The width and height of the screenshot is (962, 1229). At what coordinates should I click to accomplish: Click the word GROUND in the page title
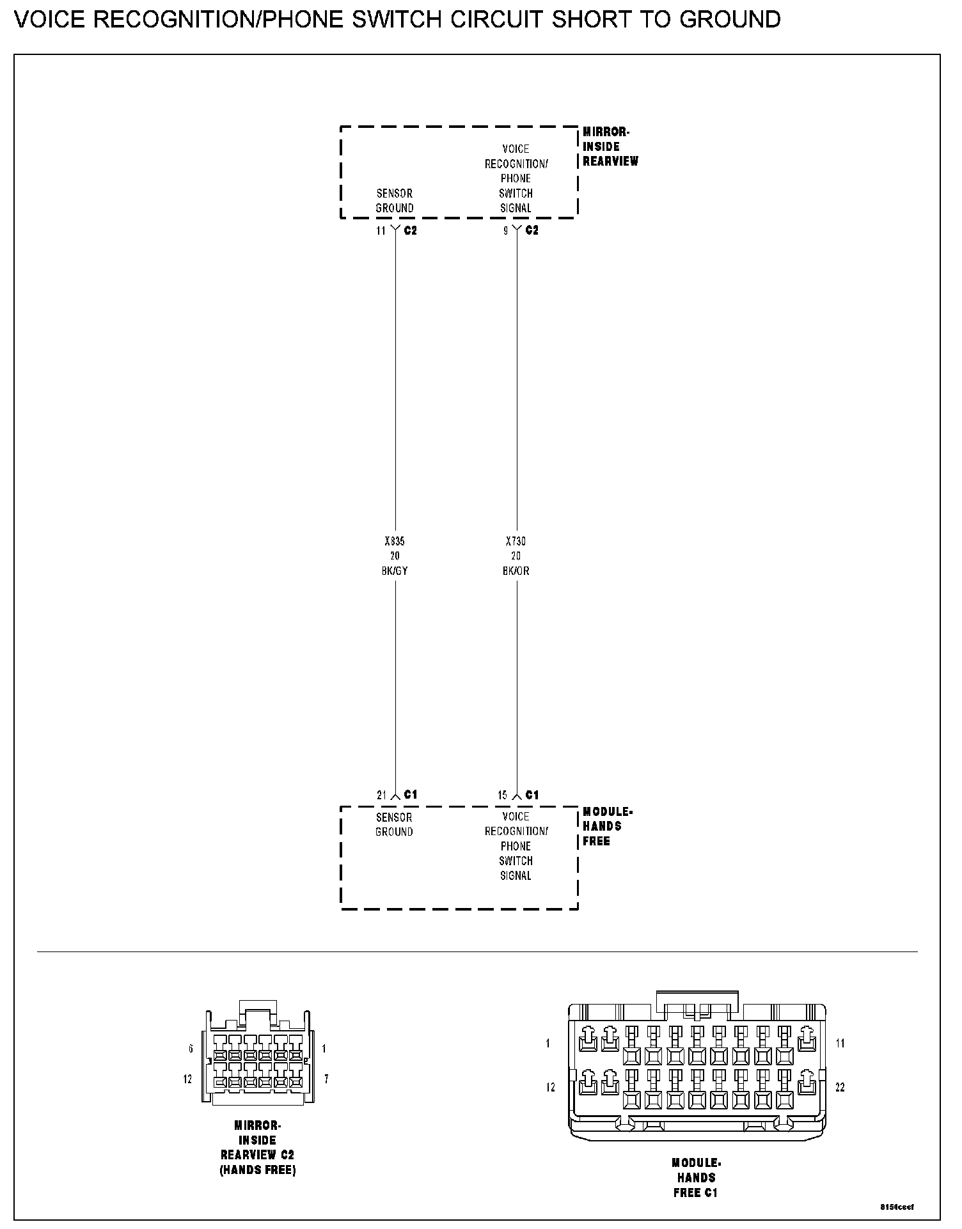tap(729, 20)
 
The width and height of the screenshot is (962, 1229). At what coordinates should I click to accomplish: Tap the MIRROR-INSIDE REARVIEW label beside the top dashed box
tap(610, 147)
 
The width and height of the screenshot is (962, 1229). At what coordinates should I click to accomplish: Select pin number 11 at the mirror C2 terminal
tap(381, 231)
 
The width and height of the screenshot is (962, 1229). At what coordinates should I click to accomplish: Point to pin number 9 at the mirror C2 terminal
tap(505, 231)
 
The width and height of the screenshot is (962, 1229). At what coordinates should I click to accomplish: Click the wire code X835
tap(394, 542)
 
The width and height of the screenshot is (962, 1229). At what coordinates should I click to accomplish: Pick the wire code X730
tap(516, 542)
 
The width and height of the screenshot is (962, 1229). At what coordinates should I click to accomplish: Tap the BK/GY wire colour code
tap(394, 571)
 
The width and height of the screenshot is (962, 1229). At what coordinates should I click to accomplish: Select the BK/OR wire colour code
tap(516, 571)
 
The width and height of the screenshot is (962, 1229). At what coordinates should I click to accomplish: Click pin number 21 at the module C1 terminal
tap(381, 795)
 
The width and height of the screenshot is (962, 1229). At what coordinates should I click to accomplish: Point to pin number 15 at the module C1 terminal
tap(503, 795)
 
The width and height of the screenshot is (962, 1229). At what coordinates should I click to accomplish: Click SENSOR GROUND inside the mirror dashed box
tap(394, 201)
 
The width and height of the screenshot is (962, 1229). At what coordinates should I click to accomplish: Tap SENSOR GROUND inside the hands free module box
tap(394, 825)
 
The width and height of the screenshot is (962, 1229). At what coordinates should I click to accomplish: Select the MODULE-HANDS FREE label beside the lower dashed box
tap(606, 827)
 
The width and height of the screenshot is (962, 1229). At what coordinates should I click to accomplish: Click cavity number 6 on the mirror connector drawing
tap(191, 1049)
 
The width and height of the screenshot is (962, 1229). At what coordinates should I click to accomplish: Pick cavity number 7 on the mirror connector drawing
tap(326, 1079)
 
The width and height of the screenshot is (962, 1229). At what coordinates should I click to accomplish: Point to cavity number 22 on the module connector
tap(840, 1087)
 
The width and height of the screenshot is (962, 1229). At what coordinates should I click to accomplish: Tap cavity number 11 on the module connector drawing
tap(840, 1044)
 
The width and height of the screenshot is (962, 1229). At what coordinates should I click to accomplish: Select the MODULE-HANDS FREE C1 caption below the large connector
tap(696, 1178)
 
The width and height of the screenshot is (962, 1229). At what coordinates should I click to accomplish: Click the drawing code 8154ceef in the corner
tap(897, 1207)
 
